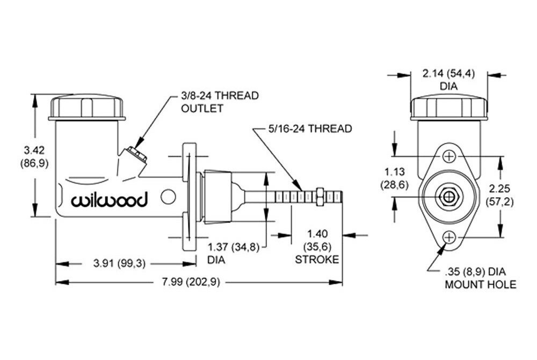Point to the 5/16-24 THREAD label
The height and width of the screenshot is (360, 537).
310,129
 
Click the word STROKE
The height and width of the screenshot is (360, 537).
317,260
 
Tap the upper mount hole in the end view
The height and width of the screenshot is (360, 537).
449,156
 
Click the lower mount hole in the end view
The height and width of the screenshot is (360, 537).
449,237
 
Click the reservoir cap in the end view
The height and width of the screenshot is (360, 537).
449,110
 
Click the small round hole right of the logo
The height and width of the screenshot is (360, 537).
168,197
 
